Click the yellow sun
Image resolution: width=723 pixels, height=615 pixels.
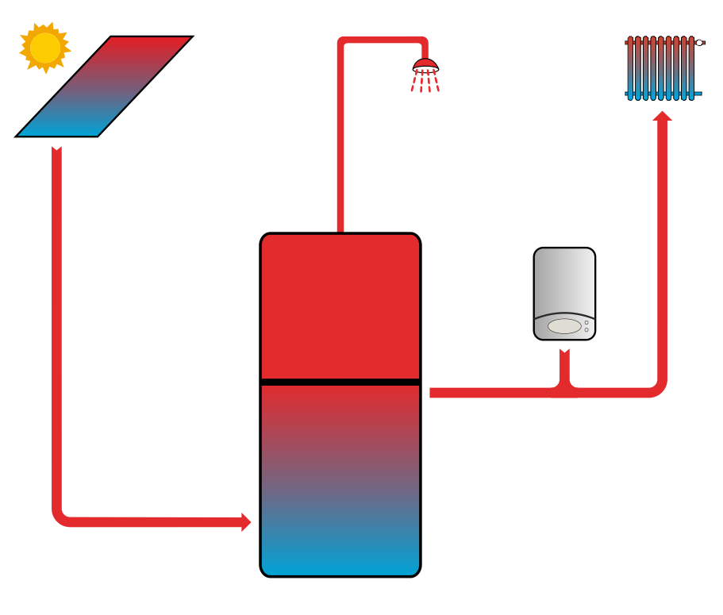tap(44, 48)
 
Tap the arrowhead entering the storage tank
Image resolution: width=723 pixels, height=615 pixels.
tap(245, 522)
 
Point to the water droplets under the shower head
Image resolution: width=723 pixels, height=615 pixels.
tap(425, 82)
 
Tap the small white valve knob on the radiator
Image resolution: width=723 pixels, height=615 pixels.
tap(699, 43)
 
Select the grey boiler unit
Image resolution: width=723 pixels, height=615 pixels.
tap(564, 293)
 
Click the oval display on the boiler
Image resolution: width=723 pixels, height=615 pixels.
tap(564, 325)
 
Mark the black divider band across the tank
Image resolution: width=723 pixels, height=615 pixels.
tap(340, 382)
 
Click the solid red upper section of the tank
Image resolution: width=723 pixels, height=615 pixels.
tap(340, 306)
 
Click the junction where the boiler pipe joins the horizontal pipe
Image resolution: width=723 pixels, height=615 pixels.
tap(564, 390)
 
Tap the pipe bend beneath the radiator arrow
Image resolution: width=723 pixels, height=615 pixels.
tap(658, 388)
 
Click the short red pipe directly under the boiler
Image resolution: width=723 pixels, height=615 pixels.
tap(564, 367)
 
